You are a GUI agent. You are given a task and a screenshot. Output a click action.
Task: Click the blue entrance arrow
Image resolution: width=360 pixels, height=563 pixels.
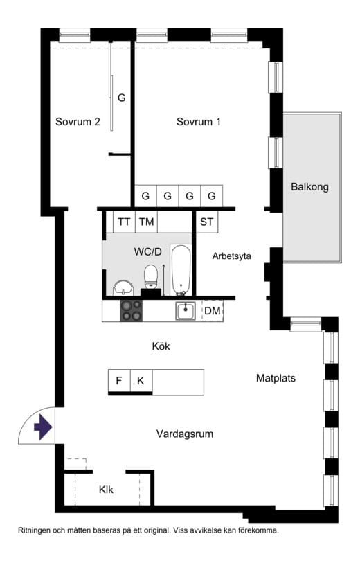[x=44, y=427]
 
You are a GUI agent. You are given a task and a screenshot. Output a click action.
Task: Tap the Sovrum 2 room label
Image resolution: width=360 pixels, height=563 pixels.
[x=78, y=122]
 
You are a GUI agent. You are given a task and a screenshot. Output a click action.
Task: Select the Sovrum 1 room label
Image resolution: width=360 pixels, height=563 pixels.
[x=199, y=122]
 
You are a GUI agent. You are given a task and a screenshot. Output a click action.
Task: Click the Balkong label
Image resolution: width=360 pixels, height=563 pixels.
[x=309, y=187]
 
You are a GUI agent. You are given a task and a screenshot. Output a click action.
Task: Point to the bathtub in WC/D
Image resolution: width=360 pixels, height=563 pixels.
[x=181, y=270]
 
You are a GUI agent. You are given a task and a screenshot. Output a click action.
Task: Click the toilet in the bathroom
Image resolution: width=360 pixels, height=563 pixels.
[x=151, y=277]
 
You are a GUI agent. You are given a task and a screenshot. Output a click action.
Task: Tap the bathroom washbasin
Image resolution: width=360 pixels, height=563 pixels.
[x=123, y=288]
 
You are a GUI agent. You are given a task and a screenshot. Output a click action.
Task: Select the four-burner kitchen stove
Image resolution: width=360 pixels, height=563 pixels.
[x=131, y=310]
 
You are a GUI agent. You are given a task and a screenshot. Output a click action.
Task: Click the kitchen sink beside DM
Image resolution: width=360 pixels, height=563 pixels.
[x=186, y=310]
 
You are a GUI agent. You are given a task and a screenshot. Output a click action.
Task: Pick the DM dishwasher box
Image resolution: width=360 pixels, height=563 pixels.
[x=213, y=310]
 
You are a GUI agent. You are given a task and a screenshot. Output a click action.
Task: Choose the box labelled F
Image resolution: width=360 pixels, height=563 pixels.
[x=119, y=381]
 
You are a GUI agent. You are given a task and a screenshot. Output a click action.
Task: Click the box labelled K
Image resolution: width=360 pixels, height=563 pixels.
[x=141, y=381]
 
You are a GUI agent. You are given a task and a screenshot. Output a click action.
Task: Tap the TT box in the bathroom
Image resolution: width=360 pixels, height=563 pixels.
[x=124, y=222]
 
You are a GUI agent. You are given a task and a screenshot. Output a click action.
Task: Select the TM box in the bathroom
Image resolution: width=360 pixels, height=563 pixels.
[x=147, y=222]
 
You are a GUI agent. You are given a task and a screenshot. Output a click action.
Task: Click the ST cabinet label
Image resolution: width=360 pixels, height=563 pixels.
[x=206, y=222]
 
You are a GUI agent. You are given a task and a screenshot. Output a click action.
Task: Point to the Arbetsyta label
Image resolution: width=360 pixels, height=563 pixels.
[x=231, y=256]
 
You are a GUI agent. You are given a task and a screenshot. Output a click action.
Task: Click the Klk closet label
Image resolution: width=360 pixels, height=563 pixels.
[x=106, y=490]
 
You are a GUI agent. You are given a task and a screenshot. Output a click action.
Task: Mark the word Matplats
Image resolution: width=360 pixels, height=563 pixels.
[x=276, y=378]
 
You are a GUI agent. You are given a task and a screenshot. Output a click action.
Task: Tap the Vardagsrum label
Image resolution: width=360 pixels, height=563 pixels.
[x=184, y=434]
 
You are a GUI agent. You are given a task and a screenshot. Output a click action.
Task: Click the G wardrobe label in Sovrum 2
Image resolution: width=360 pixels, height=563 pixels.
[x=122, y=98]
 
